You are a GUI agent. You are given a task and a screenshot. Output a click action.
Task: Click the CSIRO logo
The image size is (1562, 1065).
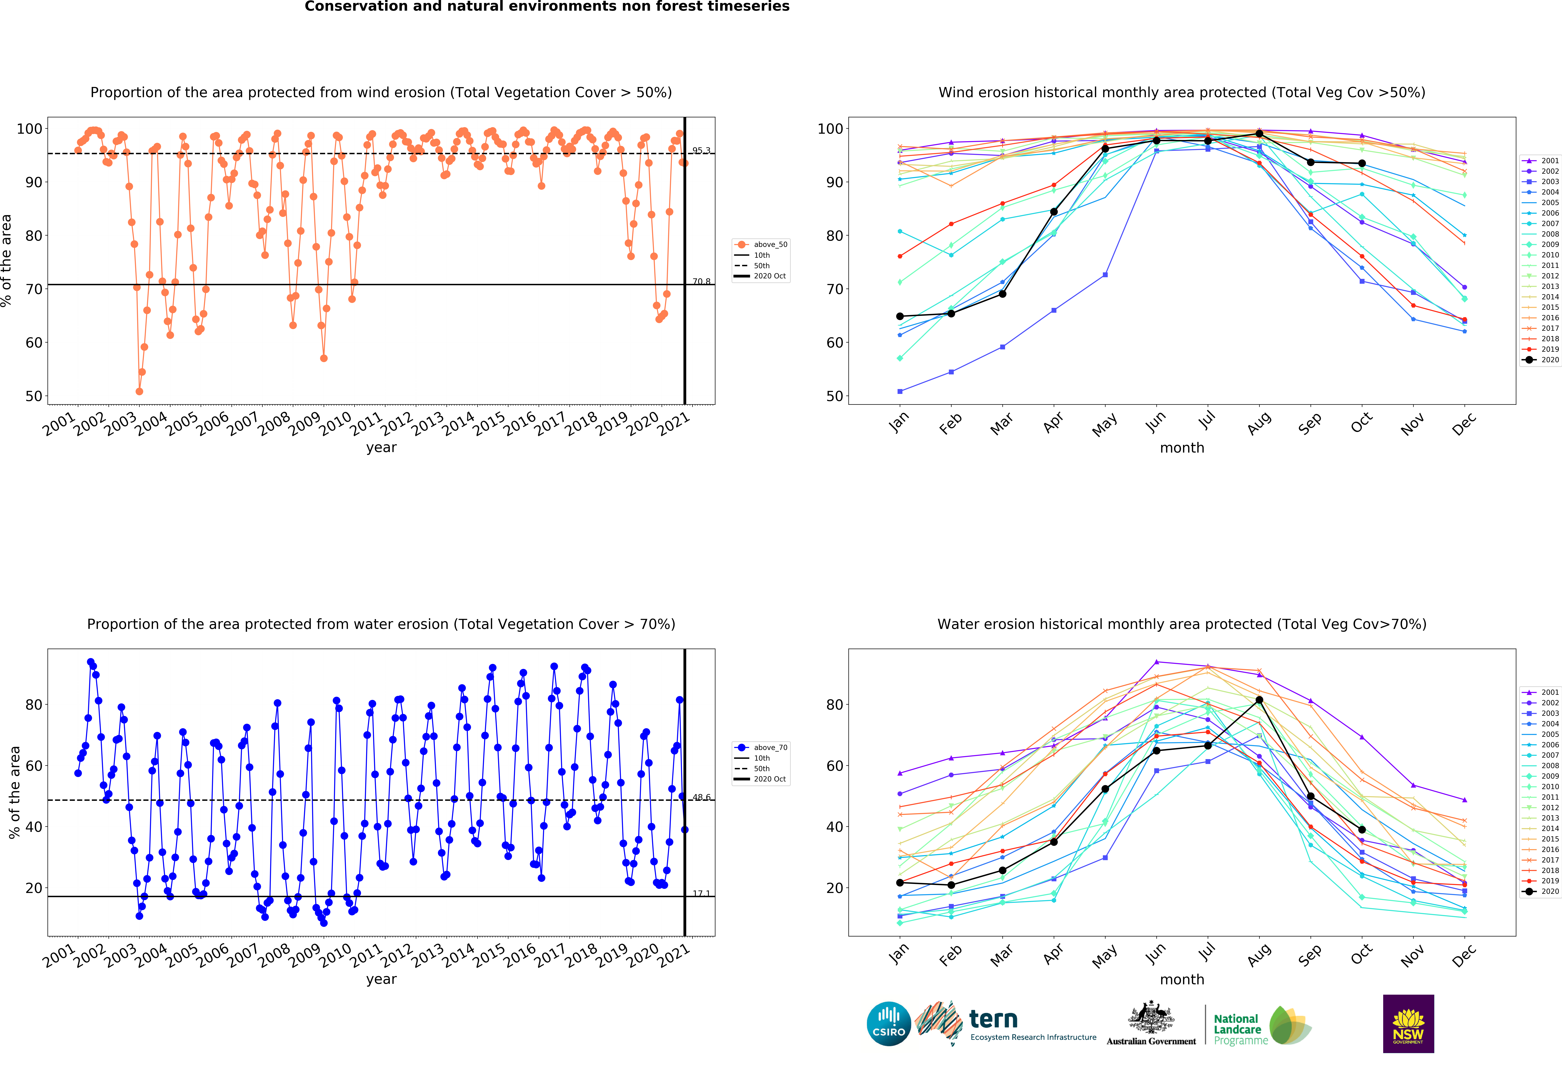tap(889, 1024)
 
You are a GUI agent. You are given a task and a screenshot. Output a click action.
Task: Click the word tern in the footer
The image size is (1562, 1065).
tap(993, 1019)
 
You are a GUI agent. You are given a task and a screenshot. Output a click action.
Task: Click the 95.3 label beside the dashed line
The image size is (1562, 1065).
tap(701, 151)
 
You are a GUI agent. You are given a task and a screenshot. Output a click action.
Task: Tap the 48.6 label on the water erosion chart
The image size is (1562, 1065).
tap(701, 797)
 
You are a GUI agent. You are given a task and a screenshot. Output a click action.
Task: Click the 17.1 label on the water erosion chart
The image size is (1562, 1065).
tap(701, 893)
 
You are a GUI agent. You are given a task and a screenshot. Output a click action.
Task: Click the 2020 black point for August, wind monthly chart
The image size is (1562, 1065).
tap(1259, 134)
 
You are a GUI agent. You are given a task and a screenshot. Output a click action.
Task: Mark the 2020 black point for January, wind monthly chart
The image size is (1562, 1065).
tap(900, 316)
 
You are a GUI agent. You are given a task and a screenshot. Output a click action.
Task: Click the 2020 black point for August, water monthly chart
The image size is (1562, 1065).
tap(1259, 700)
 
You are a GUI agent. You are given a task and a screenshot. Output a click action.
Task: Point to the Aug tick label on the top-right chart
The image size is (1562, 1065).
tap(1259, 424)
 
